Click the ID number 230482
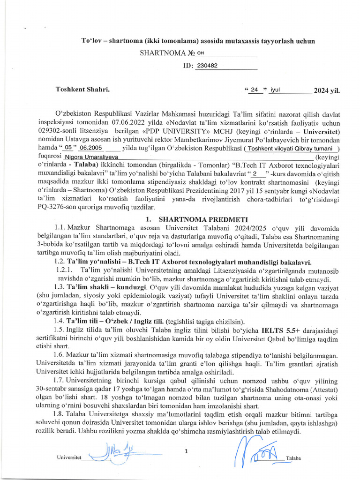point(207,66)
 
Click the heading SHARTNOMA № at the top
point(167,53)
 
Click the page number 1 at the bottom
point(186,451)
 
